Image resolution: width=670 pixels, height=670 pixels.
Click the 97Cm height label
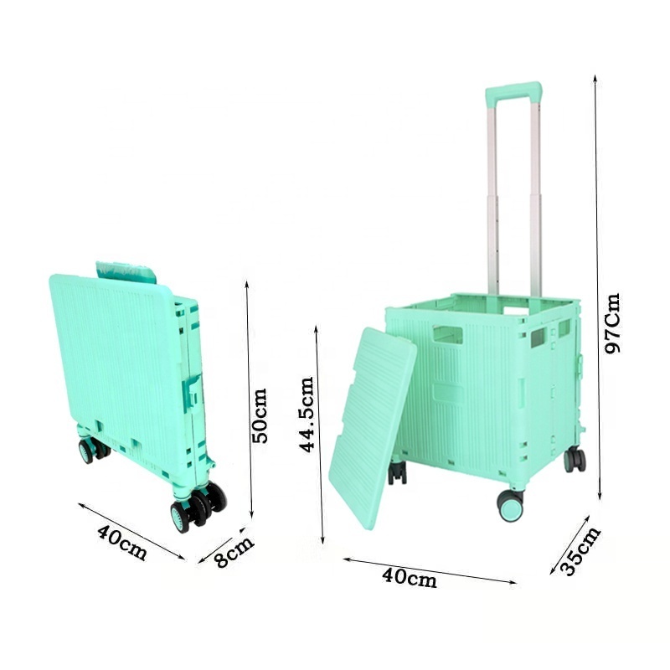[613, 323]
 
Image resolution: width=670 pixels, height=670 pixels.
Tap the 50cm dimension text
[260, 415]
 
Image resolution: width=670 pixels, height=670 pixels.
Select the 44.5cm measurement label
[307, 414]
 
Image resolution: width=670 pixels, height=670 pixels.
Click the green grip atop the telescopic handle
[513, 90]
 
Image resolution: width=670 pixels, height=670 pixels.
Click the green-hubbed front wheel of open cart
[509, 506]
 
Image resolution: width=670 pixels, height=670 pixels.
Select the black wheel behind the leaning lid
[397, 472]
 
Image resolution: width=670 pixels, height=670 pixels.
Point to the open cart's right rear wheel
[575, 459]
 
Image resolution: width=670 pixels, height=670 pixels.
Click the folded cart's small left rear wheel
[87, 451]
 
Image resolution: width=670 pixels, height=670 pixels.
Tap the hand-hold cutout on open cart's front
[447, 335]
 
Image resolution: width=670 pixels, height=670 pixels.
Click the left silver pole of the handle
[493, 193]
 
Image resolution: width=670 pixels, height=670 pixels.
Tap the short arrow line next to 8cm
[219, 545]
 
